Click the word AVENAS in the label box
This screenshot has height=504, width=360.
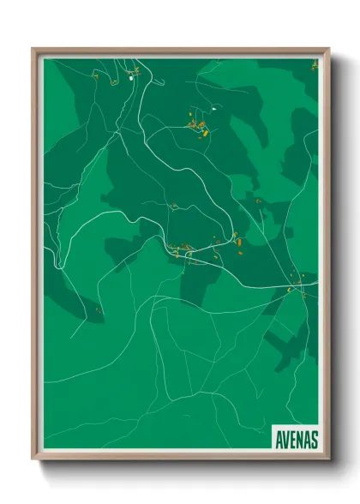click(297, 439)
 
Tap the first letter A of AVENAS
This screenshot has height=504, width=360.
click(280, 439)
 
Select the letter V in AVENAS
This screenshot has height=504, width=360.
click(287, 439)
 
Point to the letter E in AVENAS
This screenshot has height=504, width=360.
click(294, 439)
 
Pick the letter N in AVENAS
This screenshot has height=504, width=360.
click(301, 439)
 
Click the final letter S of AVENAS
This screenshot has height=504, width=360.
click(315, 439)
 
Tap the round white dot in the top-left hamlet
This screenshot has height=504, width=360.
click(130, 76)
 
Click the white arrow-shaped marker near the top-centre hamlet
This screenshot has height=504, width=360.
click(213, 109)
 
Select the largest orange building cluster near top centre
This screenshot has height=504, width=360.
click(198, 129)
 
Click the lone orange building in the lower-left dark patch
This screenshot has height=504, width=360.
click(98, 309)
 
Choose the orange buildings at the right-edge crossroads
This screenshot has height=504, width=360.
click(296, 284)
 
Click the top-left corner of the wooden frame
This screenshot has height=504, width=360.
click(33, 49)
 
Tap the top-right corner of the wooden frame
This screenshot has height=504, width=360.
click(329, 49)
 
